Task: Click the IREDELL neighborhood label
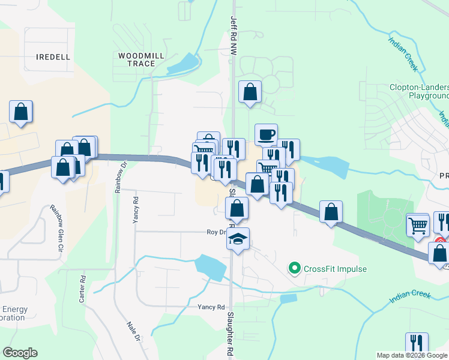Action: [x=53, y=56]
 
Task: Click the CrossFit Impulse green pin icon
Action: [x=294, y=268]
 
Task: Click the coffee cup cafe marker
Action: [x=266, y=134]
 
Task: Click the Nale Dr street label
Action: [x=133, y=332]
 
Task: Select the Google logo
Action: [x=20, y=353]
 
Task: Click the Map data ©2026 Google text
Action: [x=412, y=355]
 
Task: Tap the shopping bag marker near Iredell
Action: [x=21, y=112]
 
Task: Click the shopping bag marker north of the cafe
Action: [x=250, y=92]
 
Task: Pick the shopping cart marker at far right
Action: [x=418, y=226]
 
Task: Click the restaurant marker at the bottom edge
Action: [x=417, y=343]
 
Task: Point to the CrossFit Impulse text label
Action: [x=335, y=269]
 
